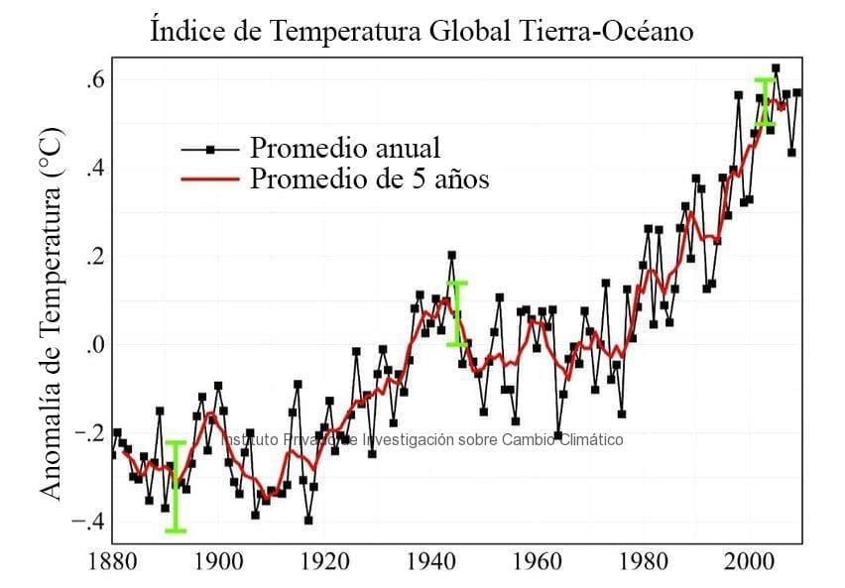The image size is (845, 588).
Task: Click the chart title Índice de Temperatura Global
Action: (422, 31)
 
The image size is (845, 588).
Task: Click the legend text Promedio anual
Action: (344, 149)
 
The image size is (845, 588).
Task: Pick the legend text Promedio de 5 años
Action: (369, 178)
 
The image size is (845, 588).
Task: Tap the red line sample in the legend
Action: (210, 179)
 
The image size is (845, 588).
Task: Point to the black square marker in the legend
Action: (210, 150)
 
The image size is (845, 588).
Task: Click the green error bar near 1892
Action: (176, 486)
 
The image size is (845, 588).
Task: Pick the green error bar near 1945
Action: (456, 313)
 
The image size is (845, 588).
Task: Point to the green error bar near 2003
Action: (764, 102)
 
